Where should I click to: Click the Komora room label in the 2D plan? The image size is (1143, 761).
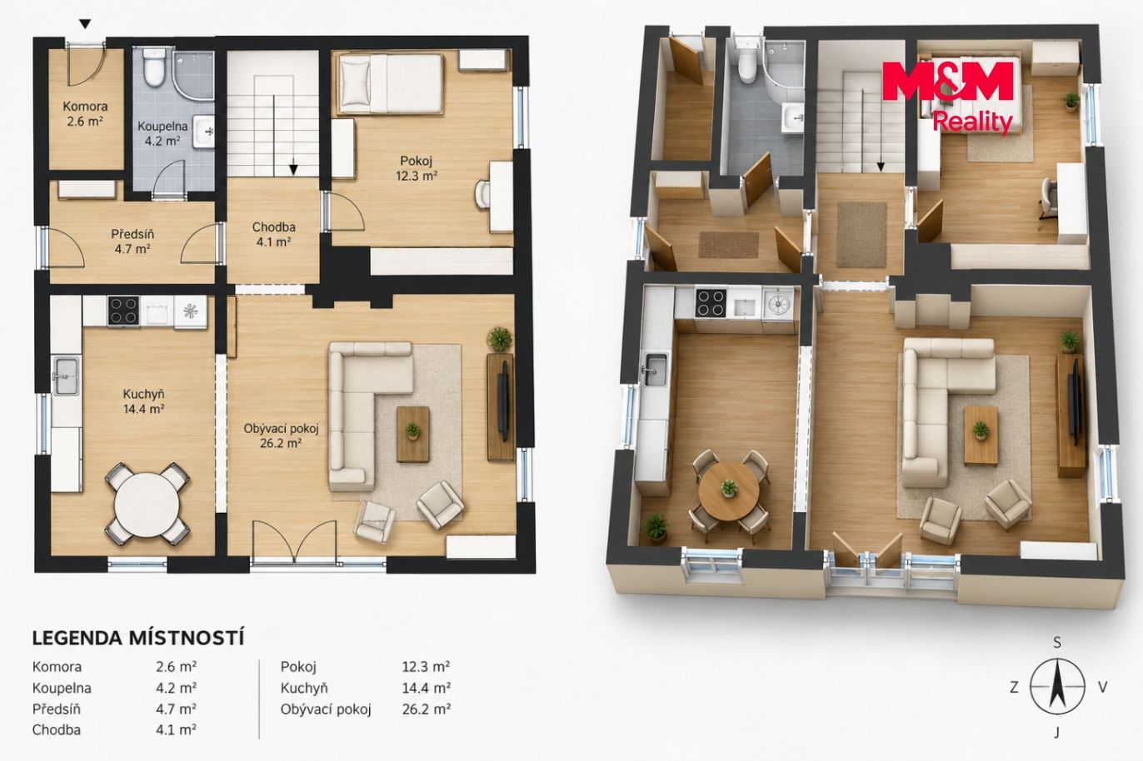[x=85, y=107]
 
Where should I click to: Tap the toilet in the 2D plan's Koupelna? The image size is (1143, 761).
[x=152, y=67]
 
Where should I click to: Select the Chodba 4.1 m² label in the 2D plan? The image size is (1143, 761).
[x=273, y=234]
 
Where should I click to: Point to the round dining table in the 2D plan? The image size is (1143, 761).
[x=147, y=504]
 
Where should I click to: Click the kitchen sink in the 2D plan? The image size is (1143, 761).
[x=66, y=376]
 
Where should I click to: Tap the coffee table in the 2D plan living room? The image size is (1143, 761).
[x=413, y=435]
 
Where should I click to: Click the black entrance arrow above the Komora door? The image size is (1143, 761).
[x=85, y=24]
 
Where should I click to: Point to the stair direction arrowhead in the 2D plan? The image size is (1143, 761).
[x=293, y=169]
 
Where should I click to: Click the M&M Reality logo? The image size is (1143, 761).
[x=948, y=97]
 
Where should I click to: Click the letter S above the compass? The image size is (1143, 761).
[x=1057, y=643]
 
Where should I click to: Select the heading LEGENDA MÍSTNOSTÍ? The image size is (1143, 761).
[x=138, y=638]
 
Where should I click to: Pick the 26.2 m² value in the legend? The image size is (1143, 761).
[x=426, y=709]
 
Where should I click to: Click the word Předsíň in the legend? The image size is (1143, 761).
[x=56, y=709]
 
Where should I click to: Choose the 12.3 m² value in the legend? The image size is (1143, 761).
[x=426, y=667]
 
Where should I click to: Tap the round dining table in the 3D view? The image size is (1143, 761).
[x=729, y=490]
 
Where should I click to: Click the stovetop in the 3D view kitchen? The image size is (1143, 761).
[x=711, y=303]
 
